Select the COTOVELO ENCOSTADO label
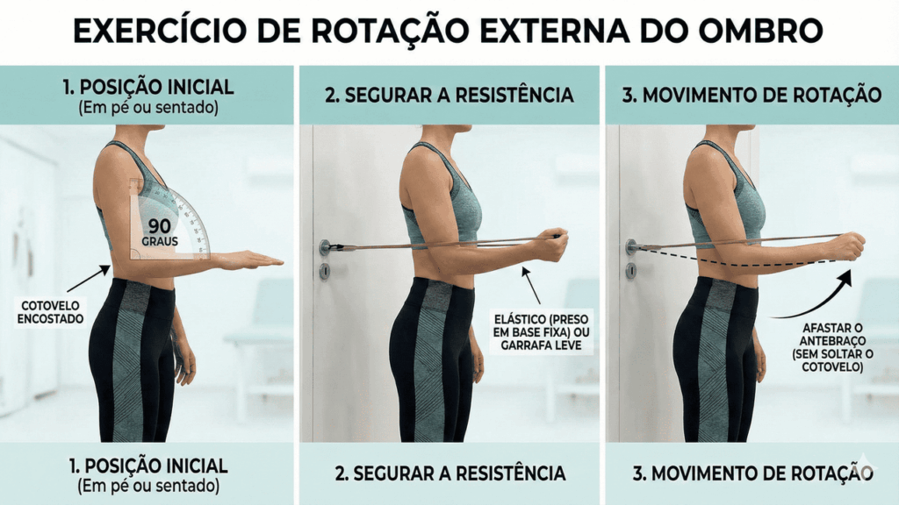(49, 313)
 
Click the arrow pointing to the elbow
(89, 278)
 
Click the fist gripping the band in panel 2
(550, 245)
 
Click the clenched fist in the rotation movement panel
(847, 246)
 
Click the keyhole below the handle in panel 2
(325, 272)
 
